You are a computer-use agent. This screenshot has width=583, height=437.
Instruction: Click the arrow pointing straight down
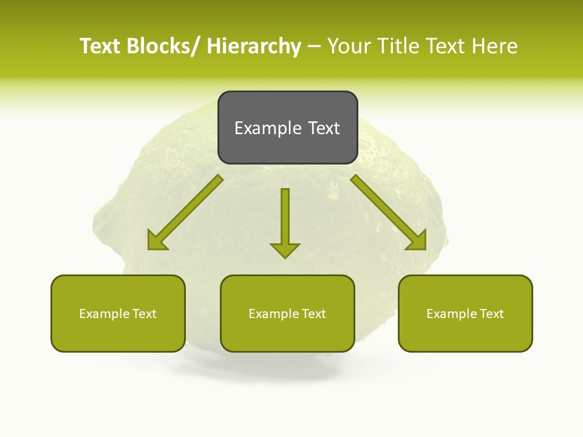(285, 222)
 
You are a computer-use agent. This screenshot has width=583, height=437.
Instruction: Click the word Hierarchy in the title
(254, 46)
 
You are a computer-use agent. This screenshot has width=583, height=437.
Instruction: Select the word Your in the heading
(349, 46)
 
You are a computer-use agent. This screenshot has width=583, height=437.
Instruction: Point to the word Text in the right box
(491, 314)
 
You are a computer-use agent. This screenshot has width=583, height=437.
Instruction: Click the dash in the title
(314, 47)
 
